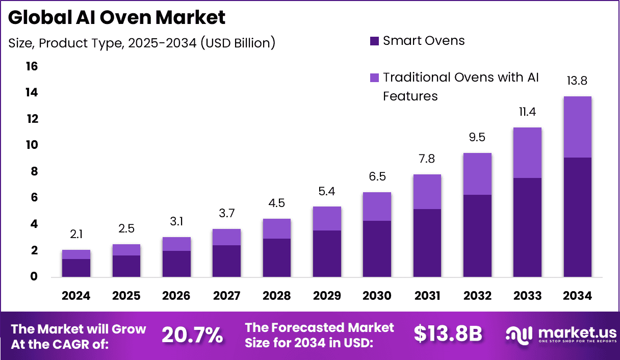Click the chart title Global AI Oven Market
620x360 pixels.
coord(117,18)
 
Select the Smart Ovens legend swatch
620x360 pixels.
coord(375,41)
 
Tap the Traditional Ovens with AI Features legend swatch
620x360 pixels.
coord(375,78)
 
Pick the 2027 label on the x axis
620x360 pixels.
coord(226,296)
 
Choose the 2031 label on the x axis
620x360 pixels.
coord(427,296)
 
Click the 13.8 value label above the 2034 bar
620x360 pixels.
coord(577,81)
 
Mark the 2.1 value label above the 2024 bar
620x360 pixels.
coord(76,235)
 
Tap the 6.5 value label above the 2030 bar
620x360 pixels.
coord(377,176)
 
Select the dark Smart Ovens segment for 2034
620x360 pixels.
coord(577,217)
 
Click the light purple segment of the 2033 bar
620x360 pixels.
coord(527,152)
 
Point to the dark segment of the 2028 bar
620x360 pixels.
coord(276,258)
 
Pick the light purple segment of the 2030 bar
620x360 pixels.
coord(377,207)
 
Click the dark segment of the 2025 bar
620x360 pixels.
coord(126,266)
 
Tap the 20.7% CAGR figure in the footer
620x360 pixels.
coord(192,335)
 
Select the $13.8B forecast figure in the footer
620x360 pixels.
coord(448,334)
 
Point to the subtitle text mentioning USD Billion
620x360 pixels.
coord(142,43)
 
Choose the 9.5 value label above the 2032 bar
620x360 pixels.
coord(477,137)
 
